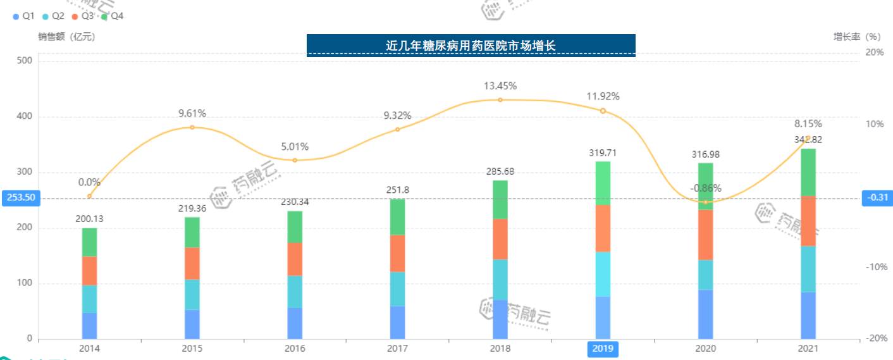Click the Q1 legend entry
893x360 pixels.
click(x=23, y=16)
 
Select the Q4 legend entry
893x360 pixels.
click(x=112, y=16)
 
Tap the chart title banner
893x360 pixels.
click(x=471, y=45)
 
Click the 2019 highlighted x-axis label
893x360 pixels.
click(x=602, y=349)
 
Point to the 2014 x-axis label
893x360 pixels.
click(x=89, y=349)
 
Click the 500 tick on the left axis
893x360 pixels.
click(x=25, y=61)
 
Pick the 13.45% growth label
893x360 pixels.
click(x=500, y=86)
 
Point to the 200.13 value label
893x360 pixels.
click(x=89, y=219)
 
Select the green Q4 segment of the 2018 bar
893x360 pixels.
click(x=500, y=199)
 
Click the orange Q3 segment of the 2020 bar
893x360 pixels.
click(x=705, y=235)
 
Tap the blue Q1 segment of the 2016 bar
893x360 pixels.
click(x=295, y=323)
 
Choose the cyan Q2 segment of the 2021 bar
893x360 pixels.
click(x=808, y=269)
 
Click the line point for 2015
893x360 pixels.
click(x=192, y=127)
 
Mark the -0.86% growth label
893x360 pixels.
click(x=705, y=188)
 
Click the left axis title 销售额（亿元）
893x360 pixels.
click(x=66, y=37)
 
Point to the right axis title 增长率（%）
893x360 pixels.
click(x=856, y=37)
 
